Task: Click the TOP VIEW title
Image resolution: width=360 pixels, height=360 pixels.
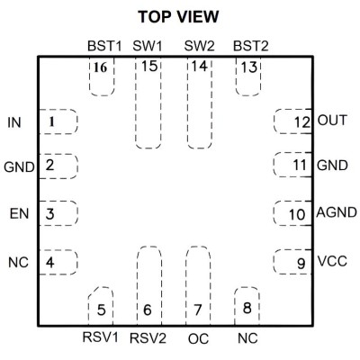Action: (178, 17)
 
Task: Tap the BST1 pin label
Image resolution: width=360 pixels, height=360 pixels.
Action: (104, 46)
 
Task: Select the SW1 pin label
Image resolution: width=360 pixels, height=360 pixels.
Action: (148, 46)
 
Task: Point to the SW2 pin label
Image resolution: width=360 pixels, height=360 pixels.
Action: (200, 46)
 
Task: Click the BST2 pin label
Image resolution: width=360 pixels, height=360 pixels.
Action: (251, 46)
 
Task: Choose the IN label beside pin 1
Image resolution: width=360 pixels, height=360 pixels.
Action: (14, 122)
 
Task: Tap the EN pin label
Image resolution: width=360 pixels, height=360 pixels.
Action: (20, 214)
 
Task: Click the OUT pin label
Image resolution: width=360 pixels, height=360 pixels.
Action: (332, 121)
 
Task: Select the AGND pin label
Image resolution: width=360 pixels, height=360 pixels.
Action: (337, 212)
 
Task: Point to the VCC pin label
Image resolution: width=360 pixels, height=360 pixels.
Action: (332, 261)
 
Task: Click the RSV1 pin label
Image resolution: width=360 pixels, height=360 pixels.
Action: (101, 337)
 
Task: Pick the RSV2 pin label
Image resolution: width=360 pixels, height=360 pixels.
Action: (148, 338)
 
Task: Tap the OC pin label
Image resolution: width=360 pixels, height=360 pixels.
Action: (198, 339)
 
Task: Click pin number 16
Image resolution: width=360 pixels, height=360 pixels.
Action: (100, 67)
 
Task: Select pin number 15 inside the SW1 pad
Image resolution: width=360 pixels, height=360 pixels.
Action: (149, 67)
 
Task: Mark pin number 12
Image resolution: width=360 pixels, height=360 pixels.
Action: (302, 122)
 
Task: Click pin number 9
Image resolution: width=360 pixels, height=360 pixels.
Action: (301, 264)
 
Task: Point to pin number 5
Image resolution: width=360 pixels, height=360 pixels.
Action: (102, 310)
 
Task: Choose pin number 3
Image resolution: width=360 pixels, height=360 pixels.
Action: (49, 214)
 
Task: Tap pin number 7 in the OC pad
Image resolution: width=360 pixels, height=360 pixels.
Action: (197, 310)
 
